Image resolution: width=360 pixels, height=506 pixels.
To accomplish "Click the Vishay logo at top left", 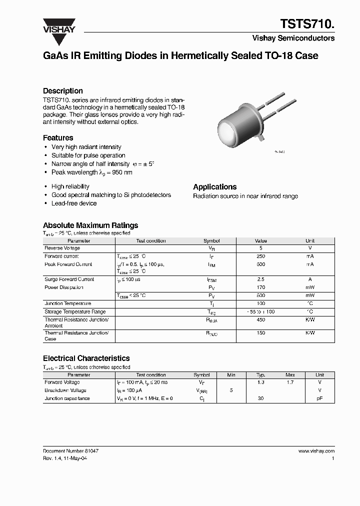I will (58, 25).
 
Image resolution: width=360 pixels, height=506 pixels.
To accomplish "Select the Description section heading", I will (63, 91).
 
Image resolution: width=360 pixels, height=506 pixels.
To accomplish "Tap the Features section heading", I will (58, 137).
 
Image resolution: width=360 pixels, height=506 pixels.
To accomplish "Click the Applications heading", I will (215, 186).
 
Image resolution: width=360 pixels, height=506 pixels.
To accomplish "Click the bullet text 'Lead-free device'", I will (74, 203).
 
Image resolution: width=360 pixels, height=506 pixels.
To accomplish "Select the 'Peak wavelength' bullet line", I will (92, 172).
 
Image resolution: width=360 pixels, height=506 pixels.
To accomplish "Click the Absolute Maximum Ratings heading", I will (90, 225).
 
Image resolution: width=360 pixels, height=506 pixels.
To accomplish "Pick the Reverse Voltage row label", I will (62, 248).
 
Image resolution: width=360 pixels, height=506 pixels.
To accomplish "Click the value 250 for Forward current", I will (260, 256).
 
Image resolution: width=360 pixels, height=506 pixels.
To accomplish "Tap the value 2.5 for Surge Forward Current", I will (260, 279).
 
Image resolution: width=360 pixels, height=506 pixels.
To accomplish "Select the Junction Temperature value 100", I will (260, 303).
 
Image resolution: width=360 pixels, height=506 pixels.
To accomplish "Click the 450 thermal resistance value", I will (260, 319).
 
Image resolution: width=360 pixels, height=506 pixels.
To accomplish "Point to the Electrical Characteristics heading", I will (86, 358).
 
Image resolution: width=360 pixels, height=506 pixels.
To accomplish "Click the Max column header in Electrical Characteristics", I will (290, 374).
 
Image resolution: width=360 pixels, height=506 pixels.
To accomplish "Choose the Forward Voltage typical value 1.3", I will (260, 382).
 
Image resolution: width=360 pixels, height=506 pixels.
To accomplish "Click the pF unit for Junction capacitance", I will (319, 398).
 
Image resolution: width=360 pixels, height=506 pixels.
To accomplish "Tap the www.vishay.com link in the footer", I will (316, 450).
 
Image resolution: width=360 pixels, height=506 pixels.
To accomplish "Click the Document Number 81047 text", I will (70, 450).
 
